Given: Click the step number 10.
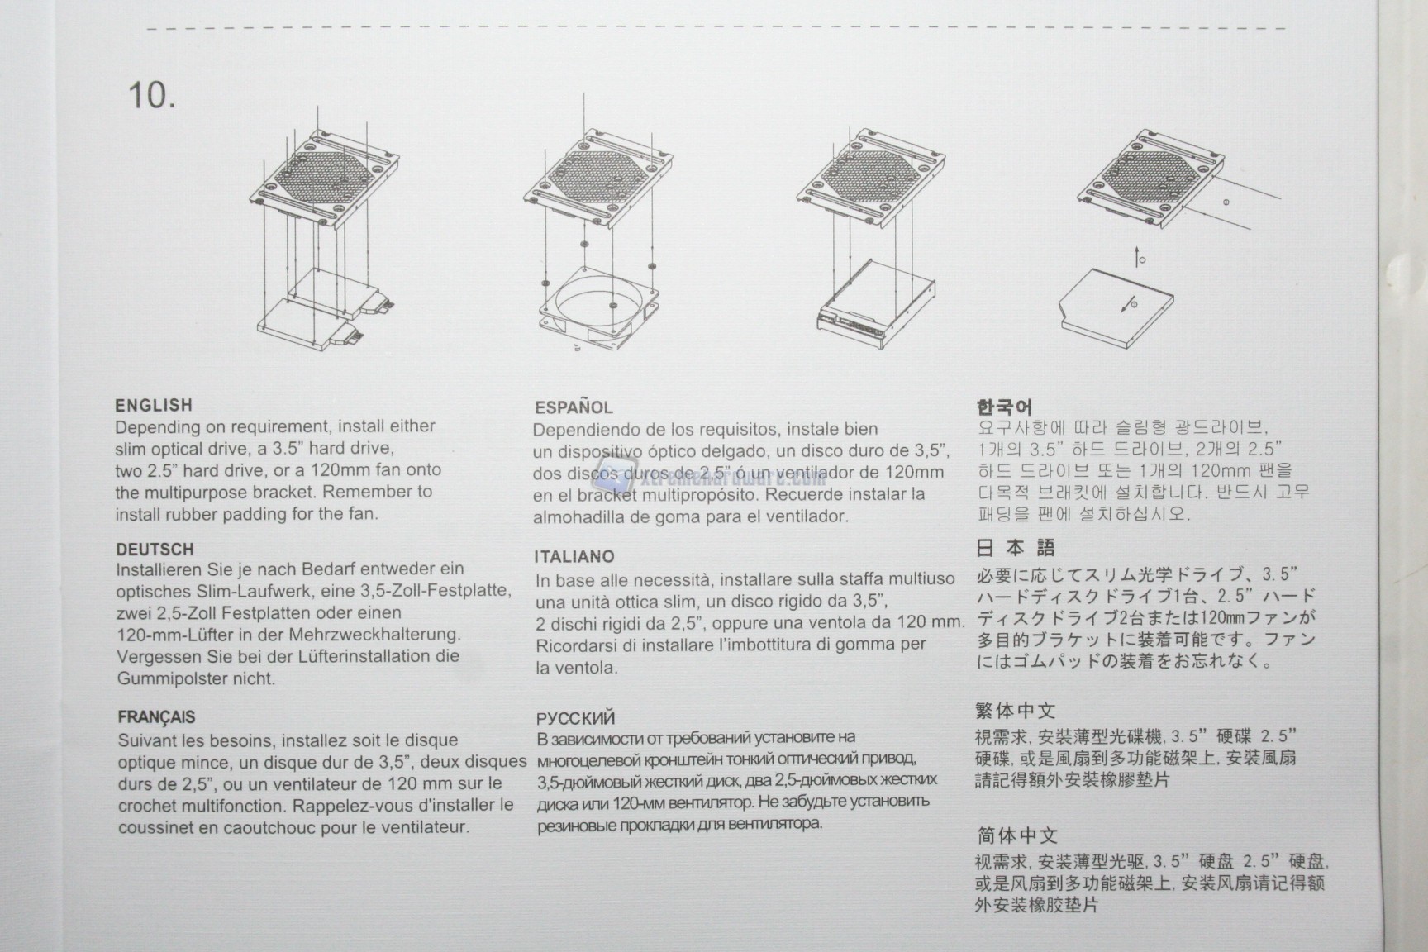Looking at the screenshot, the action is (151, 96).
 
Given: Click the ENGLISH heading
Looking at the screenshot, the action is (154, 405).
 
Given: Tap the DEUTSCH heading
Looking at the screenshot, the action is (155, 549).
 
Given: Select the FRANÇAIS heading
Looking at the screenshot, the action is (156, 717).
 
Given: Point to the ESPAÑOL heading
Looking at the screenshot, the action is (574, 407).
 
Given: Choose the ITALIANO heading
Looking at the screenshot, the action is (574, 557).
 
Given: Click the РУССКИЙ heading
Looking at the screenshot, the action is (575, 718).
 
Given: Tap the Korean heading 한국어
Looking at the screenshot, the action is (1004, 407).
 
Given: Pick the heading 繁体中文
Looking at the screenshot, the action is (1016, 710).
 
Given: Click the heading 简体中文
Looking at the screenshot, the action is (1016, 835).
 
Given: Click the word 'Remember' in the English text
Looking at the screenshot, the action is (364, 492).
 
